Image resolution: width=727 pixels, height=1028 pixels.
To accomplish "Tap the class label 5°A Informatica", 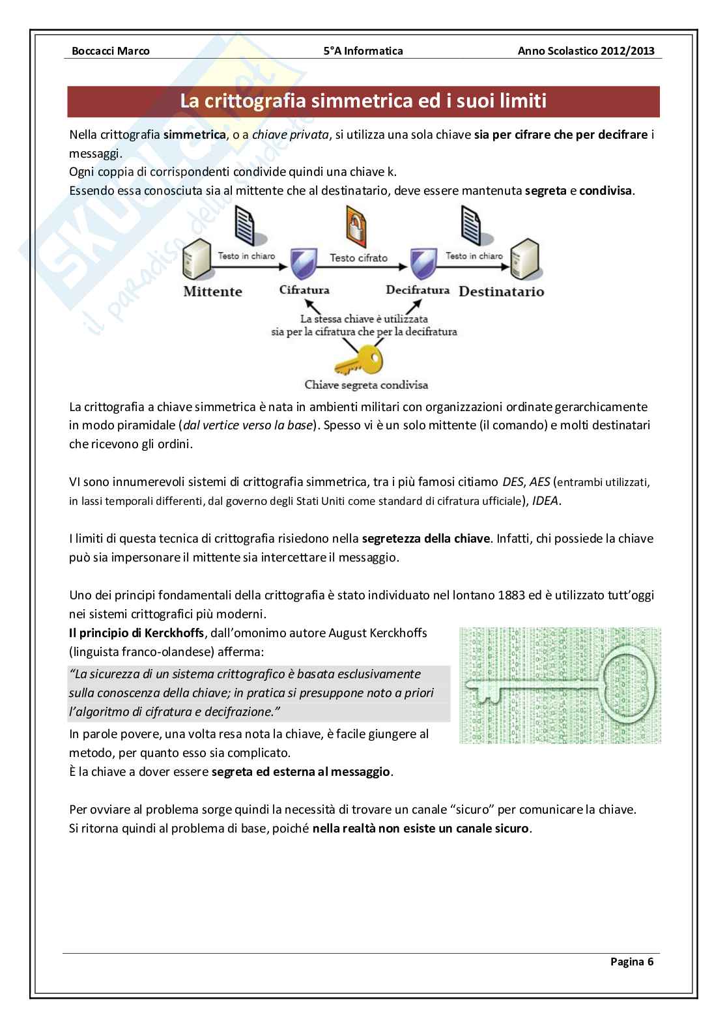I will pos(363,51).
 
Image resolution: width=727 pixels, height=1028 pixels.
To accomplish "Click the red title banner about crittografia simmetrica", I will pos(363,101).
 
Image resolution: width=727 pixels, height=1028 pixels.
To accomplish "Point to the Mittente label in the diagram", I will pos(212,291).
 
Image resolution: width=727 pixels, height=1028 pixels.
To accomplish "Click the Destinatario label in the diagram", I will pos(501,291).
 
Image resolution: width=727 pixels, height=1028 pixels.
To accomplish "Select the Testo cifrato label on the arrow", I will pos(358,258).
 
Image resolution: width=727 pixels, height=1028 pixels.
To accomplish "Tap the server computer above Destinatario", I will pos(527,260).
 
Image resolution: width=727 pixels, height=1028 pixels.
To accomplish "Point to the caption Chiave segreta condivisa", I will pos(366,385).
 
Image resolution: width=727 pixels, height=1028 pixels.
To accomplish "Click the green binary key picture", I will pos(560,685).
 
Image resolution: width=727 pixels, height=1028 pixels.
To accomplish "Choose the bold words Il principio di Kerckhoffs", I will pos(135,633).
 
